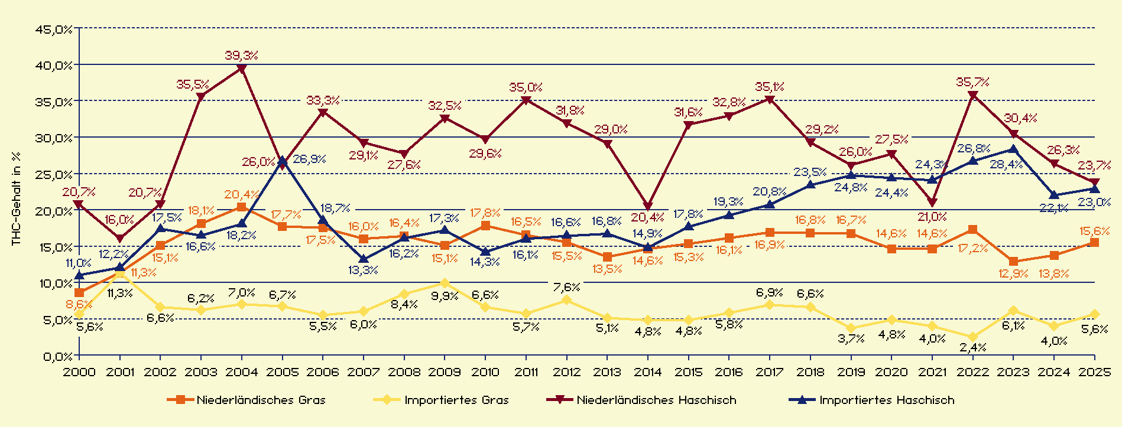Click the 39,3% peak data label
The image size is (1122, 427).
point(241,56)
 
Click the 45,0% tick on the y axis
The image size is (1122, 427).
point(53,29)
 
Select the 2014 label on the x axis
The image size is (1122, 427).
point(648,372)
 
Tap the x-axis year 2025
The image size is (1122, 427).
point(1094,372)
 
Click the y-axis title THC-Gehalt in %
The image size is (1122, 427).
point(16,198)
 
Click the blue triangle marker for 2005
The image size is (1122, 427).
point(282,160)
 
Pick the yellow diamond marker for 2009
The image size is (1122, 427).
point(445,283)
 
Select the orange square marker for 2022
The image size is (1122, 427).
point(972,230)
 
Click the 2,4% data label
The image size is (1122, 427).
point(972,348)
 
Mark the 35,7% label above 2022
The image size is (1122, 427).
point(972,82)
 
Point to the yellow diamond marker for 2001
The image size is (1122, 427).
point(120,273)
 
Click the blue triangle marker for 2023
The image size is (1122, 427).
point(1013,149)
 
